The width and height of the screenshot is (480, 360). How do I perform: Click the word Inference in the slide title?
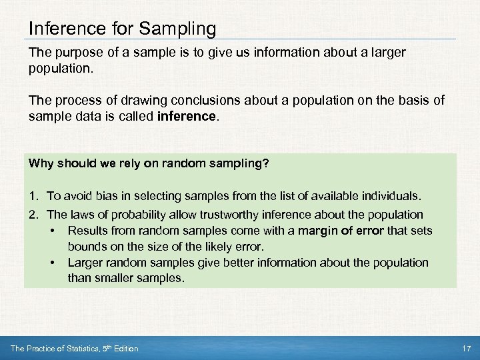tap(59, 29)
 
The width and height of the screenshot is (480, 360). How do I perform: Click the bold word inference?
tap(189, 116)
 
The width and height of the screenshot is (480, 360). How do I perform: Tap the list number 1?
tap(32, 196)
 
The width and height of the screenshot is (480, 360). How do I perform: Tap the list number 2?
tap(32, 215)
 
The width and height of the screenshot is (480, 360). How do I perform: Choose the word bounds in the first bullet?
tap(85, 247)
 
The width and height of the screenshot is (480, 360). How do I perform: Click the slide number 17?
tap(466, 349)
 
